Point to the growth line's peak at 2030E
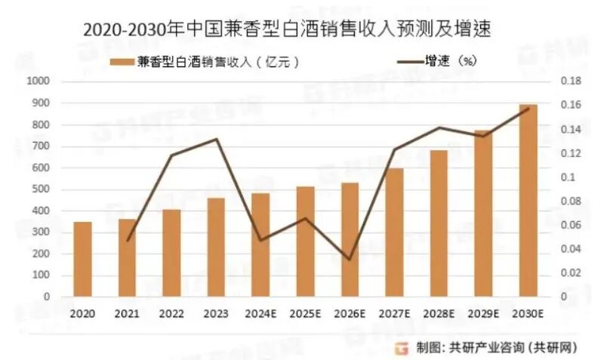pos(528,108)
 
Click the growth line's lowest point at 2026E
pos(350,259)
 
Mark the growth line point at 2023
pos(216,139)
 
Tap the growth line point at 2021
pos(127,240)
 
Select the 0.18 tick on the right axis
pos(569,81)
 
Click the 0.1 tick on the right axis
pos(565,177)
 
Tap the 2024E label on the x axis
pos(260,312)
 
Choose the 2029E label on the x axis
pos(483,312)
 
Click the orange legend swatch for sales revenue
pos(122,63)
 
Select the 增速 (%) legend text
pos(450,62)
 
